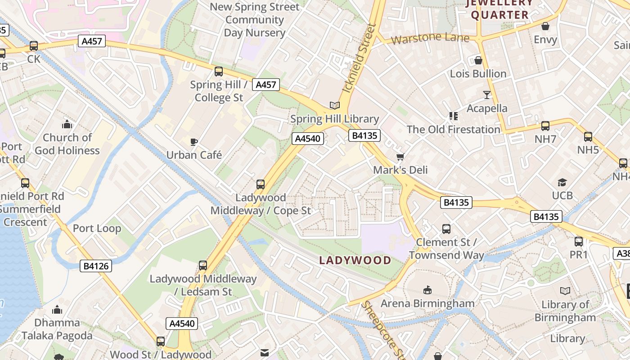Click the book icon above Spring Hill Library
point(334,105)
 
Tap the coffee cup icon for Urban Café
point(194,142)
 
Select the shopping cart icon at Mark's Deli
point(400,157)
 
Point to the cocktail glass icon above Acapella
point(486,94)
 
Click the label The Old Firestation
point(453,130)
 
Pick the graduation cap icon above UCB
point(562,182)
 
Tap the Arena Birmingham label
point(427,303)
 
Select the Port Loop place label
point(97,228)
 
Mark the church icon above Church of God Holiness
point(67,124)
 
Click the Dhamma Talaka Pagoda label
point(57,329)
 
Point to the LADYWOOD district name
point(355,260)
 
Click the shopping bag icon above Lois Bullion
point(478,60)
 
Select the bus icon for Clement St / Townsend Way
point(446,229)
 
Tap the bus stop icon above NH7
point(545,126)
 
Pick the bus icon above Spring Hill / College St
point(219,71)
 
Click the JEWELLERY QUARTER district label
point(499,9)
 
